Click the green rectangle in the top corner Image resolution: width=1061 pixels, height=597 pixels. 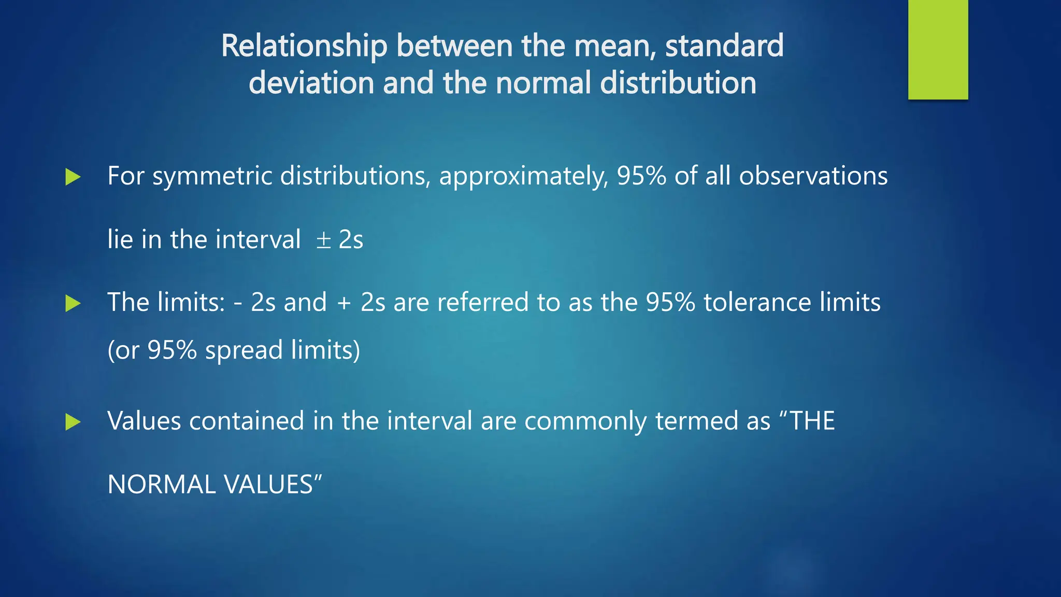[938, 49]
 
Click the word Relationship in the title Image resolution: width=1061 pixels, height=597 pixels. [304, 46]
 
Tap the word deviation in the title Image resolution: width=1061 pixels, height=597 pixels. [311, 83]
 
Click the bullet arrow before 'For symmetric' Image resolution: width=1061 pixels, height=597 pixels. [73, 177]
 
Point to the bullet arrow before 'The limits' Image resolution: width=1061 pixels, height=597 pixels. [73, 304]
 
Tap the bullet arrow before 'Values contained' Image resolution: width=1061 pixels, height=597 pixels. [73, 422]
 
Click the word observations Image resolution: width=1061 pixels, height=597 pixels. [813, 176]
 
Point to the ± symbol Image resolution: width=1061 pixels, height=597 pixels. [324, 240]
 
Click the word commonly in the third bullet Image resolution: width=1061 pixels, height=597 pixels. [585, 421]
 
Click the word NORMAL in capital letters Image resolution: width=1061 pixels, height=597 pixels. [161, 485]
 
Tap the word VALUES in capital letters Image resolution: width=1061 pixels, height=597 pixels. [269, 485]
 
